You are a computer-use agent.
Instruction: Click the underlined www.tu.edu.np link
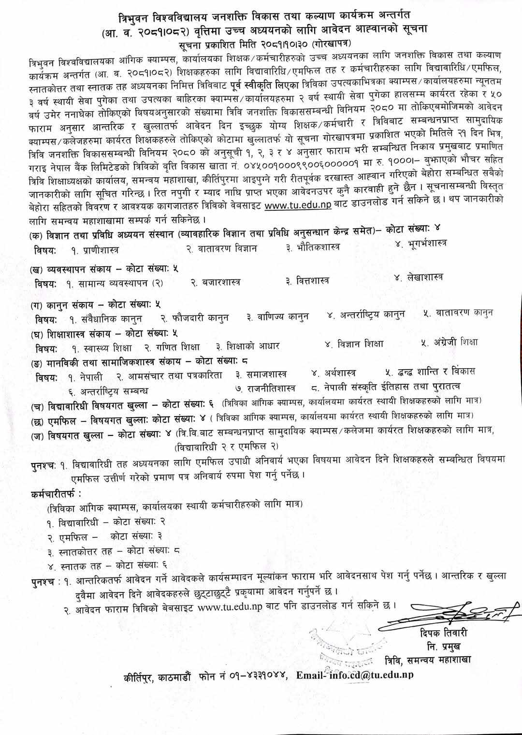[x=298, y=205]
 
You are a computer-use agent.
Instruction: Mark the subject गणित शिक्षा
[x=177, y=347]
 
